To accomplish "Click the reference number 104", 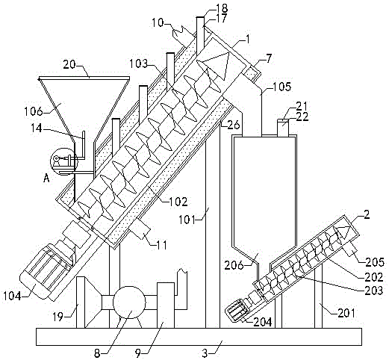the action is coord(13,296).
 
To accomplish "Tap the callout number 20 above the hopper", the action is coord(69,65).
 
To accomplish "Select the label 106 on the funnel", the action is coord(34,111).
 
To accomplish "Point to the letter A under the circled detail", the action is coord(46,179).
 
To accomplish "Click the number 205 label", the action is coord(375,262).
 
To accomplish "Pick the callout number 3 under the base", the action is coord(205,353).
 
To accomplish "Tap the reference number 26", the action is coord(234,125).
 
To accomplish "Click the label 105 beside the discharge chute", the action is coord(281,87).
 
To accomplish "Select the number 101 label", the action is coord(188,220).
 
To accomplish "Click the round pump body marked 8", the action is coord(129,302).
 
